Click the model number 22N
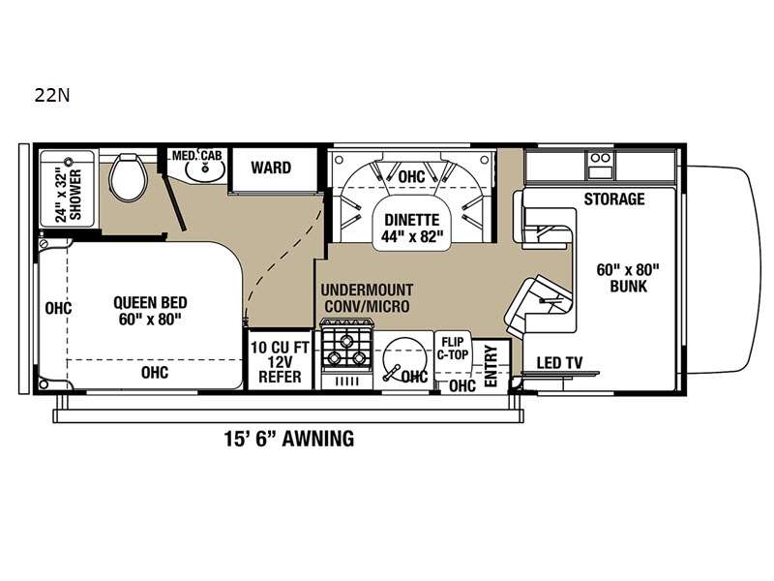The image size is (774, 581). click(52, 95)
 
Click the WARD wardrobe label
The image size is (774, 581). click(271, 168)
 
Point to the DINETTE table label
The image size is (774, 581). click(412, 220)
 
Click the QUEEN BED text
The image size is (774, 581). click(150, 302)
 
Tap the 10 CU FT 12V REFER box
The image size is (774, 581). click(280, 361)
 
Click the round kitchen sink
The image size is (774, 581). click(403, 359)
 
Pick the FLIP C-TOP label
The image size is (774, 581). click(453, 348)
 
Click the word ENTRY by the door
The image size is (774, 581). click(491, 366)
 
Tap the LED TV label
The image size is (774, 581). click(560, 363)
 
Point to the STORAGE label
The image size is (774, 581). click(614, 199)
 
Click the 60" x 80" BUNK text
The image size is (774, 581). click(628, 278)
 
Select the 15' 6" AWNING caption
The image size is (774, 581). click(289, 439)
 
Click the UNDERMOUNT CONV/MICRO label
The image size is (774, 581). click(368, 298)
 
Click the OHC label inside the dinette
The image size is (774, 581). click(411, 176)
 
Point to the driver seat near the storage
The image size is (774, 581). click(544, 218)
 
